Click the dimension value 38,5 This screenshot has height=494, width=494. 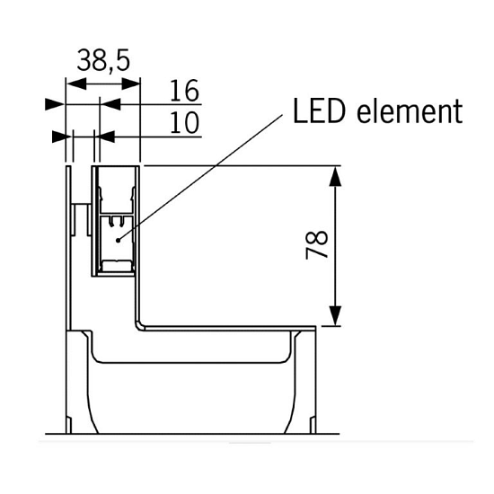point(103,61)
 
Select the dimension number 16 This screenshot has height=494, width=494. point(183,92)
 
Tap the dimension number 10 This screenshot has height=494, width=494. point(183,123)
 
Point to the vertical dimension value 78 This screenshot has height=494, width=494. point(317,245)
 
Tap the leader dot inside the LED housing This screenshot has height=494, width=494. point(119,239)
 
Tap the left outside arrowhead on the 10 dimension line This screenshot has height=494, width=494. point(61,137)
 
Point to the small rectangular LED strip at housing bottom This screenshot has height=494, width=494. point(116,265)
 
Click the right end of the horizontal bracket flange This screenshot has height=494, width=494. point(313,329)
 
